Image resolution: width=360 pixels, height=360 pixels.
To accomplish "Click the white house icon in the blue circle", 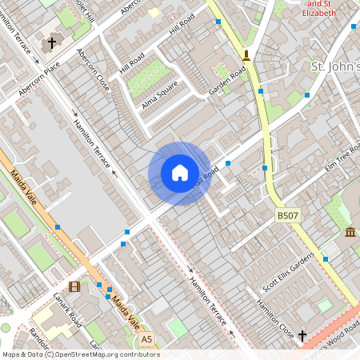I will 180,173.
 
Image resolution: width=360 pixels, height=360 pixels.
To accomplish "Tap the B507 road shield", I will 289,216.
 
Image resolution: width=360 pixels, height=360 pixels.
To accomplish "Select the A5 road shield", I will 146,340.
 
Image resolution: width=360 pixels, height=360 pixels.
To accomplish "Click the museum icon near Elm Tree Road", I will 350,232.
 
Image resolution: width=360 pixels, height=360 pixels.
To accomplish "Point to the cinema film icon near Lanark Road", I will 74,286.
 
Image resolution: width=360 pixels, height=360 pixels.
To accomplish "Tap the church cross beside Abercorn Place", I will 53,42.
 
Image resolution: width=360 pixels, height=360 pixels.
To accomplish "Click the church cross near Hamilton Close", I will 302,336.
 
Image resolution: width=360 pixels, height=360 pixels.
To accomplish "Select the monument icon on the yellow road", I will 246,55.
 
